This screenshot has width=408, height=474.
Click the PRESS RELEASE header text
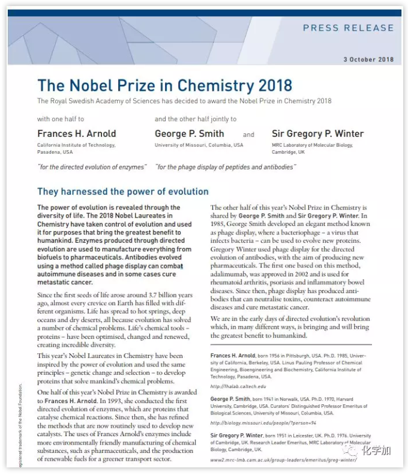point(348,28)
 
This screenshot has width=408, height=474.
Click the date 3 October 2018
point(368,59)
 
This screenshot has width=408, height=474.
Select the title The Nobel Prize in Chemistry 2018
point(164,85)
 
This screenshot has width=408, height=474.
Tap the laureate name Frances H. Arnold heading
point(77,133)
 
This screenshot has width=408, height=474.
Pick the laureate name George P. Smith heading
point(189,133)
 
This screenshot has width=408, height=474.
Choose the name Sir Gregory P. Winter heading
point(317,133)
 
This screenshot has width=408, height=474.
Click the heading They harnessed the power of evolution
point(123,192)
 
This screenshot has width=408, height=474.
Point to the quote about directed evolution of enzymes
point(92,167)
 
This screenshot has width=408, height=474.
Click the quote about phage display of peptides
point(225,167)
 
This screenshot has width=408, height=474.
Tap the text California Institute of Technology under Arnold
point(76,145)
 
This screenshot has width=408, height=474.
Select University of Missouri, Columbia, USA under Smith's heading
point(199,145)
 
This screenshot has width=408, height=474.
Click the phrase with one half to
point(61,119)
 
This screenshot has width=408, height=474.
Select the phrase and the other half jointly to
point(196,119)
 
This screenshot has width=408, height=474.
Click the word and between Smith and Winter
point(248,135)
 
